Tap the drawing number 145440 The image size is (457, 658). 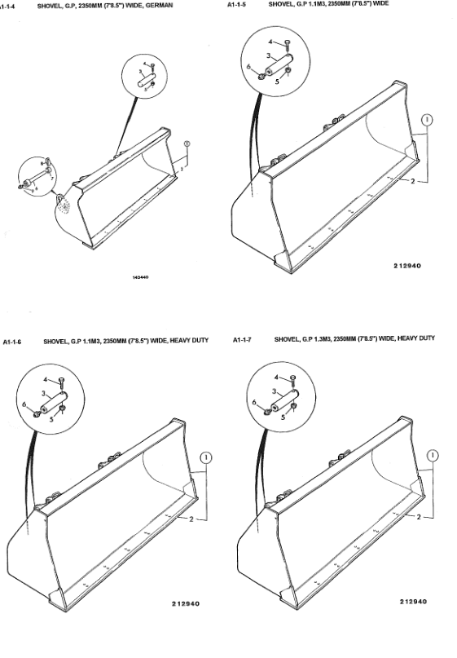pyautogui.click(x=140, y=277)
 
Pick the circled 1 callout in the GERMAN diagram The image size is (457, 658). pyautogui.click(x=187, y=144)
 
